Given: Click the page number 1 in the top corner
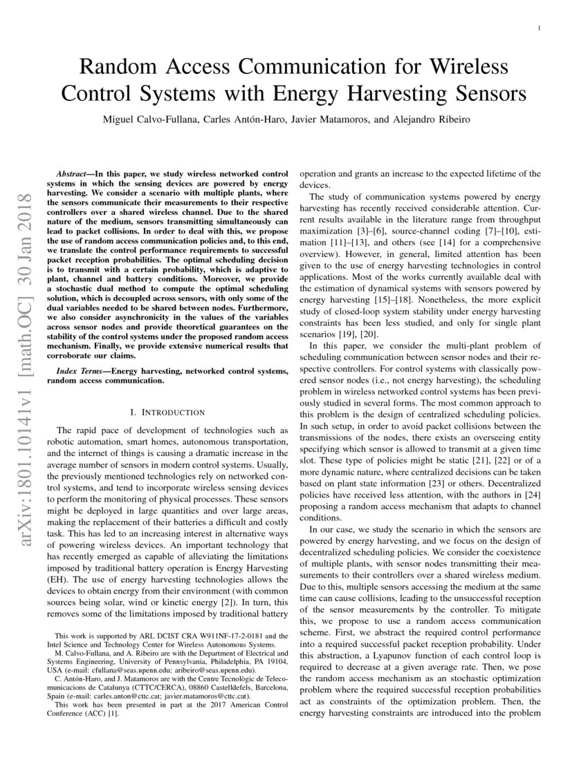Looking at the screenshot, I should [539, 28].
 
